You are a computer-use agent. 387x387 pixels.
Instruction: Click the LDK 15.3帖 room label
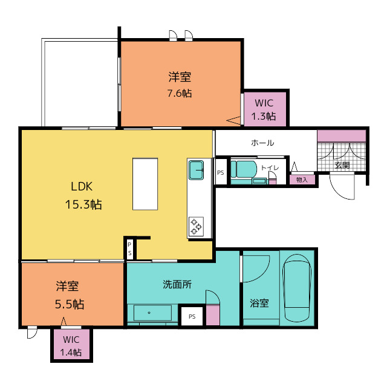(83, 195)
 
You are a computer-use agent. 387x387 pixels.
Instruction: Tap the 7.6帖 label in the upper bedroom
(180, 93)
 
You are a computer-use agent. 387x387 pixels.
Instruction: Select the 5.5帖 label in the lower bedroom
(70, 304)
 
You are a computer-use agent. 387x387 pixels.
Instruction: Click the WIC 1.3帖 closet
(265, 109)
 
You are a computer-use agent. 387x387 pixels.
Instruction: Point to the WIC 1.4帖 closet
(71, 345)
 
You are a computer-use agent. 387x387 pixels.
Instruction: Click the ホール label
(262, 143)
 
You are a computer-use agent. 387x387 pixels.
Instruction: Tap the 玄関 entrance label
(342, 165)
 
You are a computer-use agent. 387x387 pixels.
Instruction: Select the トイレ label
(270, 168)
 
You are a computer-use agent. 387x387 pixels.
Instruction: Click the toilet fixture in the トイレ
(244, 169)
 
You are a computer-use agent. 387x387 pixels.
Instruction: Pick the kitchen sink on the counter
(196, 170)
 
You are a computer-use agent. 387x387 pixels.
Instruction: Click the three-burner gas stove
(196, 226)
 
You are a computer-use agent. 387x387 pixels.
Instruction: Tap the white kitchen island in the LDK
(145, 184)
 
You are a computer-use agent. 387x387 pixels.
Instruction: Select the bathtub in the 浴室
(297, 288)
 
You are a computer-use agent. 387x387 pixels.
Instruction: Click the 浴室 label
(259, 303)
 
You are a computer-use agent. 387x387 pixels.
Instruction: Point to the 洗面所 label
(177, 284)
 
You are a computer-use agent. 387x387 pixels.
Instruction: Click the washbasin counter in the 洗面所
(152, 313)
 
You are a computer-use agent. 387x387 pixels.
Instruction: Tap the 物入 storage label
(302, 180)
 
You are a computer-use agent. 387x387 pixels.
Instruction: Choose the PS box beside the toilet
(221, 172)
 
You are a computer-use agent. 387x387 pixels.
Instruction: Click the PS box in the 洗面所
(192, 316)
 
